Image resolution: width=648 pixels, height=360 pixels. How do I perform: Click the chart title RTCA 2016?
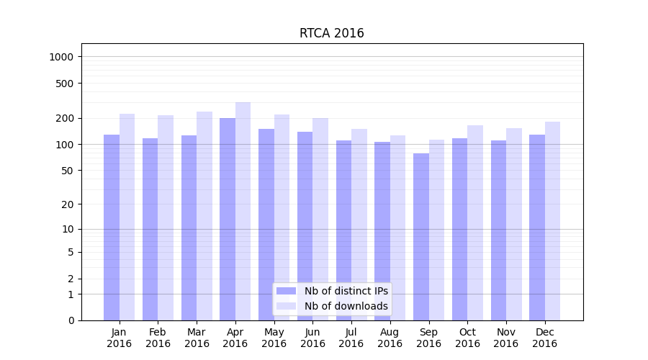point(331,34)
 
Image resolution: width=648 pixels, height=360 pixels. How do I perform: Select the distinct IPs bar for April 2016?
point(228,216)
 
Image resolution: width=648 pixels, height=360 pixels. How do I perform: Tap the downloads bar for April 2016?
point(243,209)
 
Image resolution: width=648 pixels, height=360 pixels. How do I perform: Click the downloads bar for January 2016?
point(127,216)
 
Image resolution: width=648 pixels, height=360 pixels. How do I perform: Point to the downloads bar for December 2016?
point(553,220)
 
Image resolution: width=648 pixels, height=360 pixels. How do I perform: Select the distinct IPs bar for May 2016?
point(266,223)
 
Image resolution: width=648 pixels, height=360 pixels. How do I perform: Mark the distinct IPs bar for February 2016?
point(150,227)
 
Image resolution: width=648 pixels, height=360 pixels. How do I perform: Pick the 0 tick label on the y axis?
point(71,320)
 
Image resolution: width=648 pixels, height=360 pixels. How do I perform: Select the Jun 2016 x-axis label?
point(312,338)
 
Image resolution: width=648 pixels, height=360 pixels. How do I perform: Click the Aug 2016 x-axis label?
point(390,338)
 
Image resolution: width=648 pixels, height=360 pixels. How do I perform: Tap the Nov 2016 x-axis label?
point(506,338)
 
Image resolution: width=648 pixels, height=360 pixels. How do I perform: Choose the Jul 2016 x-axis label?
point(351,338)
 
